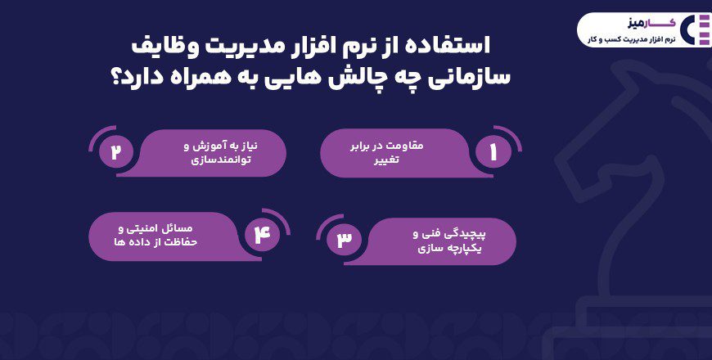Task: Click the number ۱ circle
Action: point(493,151)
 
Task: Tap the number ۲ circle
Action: point(115,151)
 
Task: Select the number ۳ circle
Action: point(344,239)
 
